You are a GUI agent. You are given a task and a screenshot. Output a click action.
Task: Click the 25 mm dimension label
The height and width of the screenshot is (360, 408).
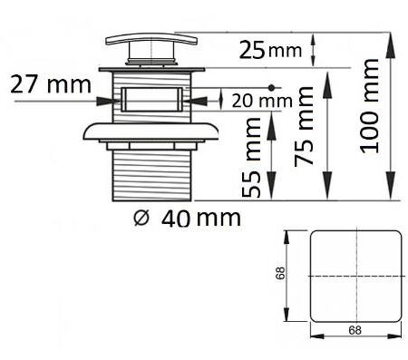click(270, 50)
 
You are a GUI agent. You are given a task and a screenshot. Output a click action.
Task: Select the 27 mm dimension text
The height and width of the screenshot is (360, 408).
click(51, 84)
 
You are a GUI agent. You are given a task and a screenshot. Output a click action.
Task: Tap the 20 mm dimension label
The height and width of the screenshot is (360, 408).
click(262, 102)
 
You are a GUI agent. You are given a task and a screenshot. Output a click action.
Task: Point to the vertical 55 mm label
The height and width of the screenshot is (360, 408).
click(251, 157)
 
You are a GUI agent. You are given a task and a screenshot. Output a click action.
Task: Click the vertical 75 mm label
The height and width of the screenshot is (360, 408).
click(304, 126)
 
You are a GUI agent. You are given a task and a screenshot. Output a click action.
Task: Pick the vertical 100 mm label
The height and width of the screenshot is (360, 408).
click(369, 106)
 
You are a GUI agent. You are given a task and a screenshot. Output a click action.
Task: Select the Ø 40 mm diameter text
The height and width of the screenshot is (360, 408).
click(187, 219)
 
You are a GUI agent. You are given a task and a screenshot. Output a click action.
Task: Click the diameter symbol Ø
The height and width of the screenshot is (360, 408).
click(141, 218)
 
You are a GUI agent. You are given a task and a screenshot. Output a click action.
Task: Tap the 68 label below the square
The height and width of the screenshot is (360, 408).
click(355, 330)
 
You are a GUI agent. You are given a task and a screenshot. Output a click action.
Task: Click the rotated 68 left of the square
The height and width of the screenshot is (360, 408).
click(280, 273)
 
